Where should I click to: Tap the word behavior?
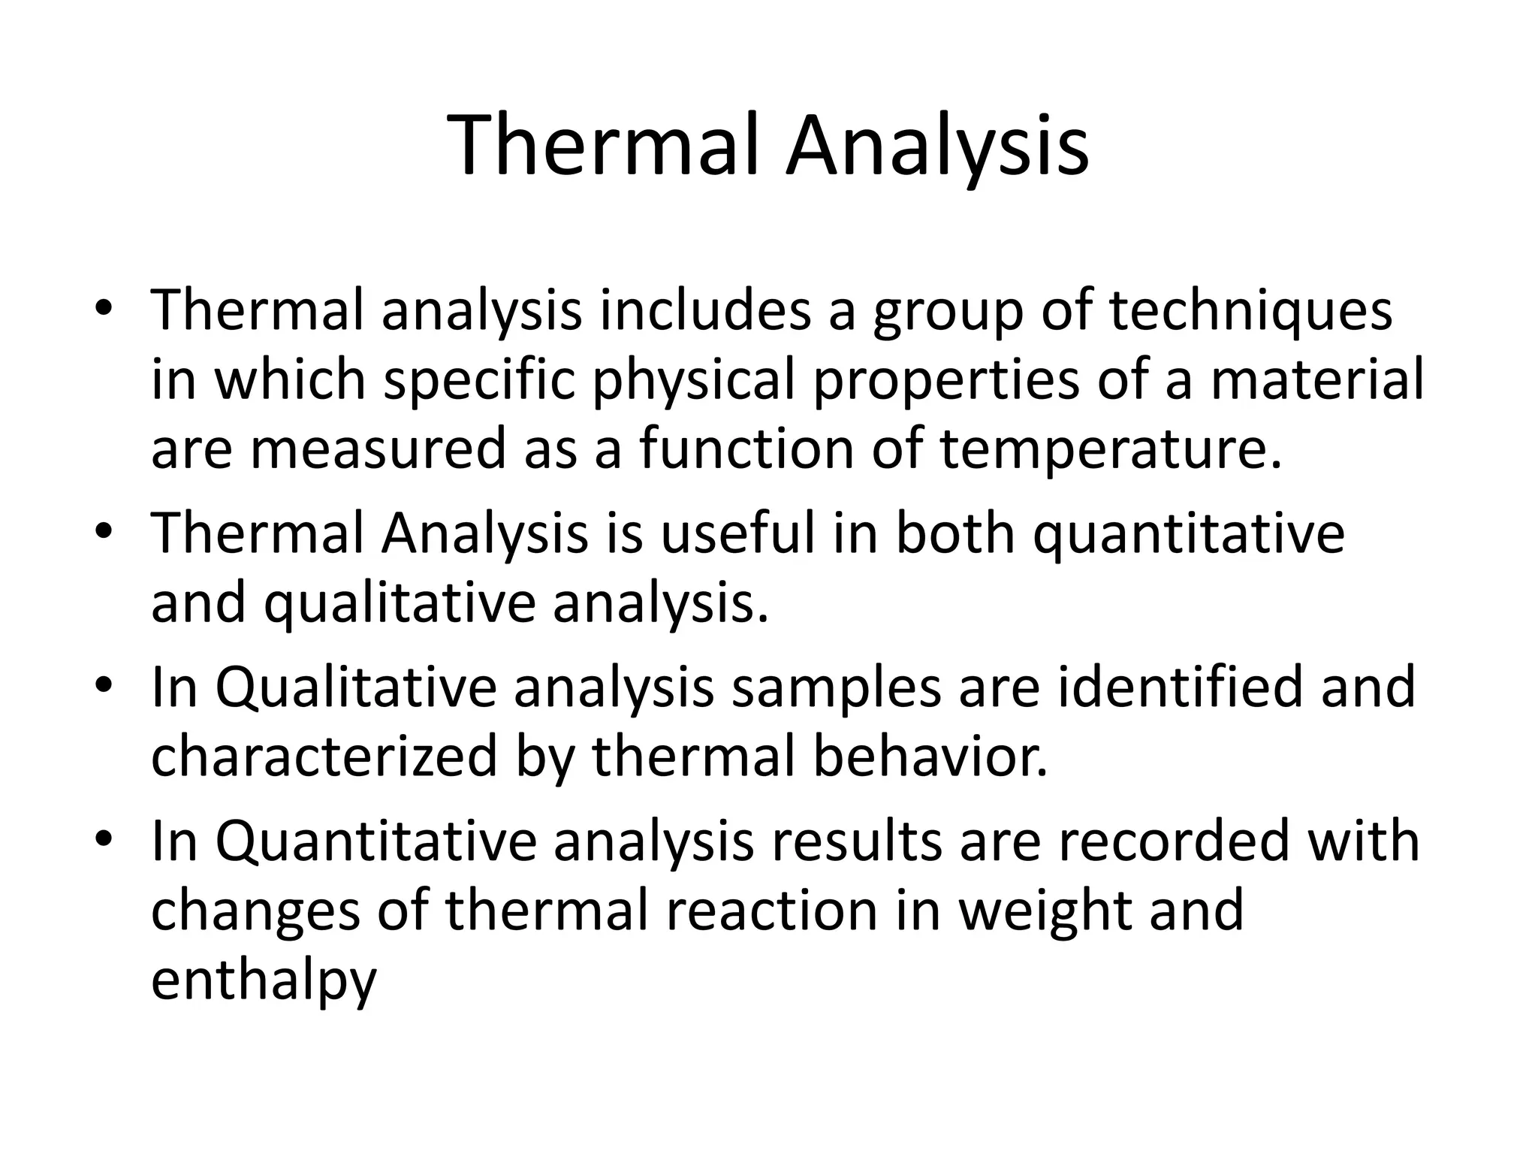pyautogui.click(x=930, y=757)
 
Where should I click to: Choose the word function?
pyautogui.click(x=746, y=449)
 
